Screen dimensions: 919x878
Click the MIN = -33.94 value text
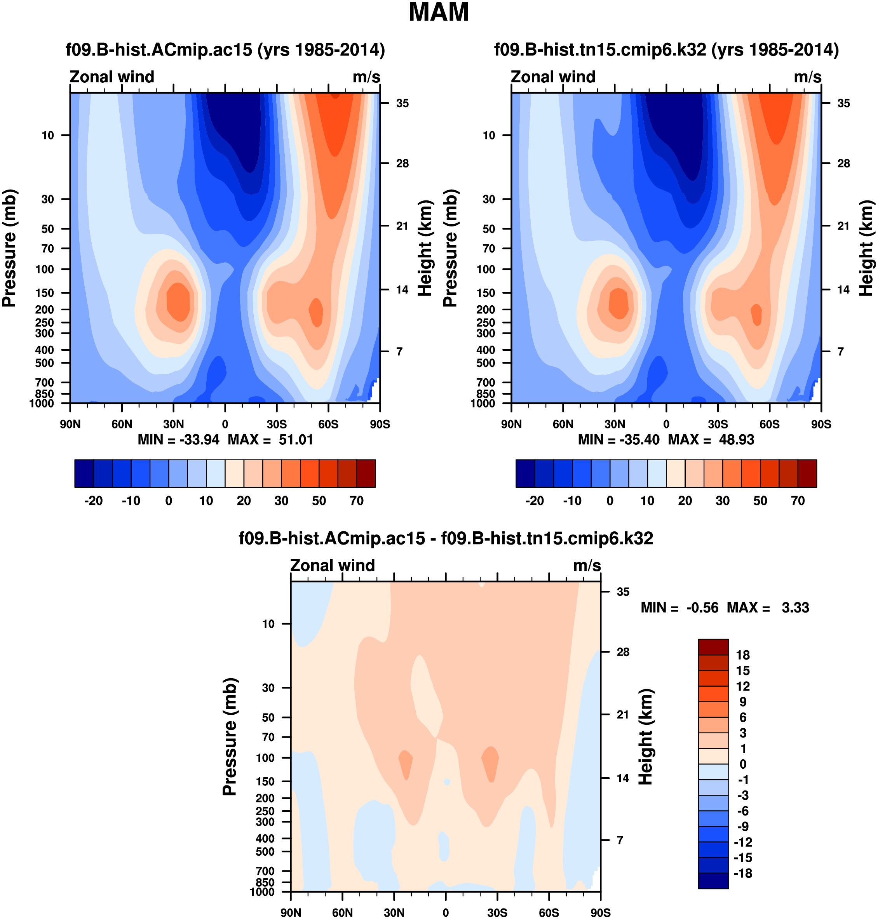click(178, 440)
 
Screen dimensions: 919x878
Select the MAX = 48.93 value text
click(711, 440)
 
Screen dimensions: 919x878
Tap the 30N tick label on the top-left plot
click(173, 425)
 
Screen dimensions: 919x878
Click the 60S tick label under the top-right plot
click(770, 425)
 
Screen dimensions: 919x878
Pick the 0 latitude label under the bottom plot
click(446, 913)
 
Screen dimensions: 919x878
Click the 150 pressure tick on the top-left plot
click(48, 293)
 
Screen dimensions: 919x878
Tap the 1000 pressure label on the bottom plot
click(262, 892)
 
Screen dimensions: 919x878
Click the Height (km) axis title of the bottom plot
click(645, 736)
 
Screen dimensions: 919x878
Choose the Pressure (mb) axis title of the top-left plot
click(9, 248)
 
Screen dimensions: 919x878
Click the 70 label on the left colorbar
click(357, 501)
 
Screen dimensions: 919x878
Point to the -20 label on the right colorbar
click(535, 501)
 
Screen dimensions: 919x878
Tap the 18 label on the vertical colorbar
click(743, 655)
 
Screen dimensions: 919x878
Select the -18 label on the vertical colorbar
click(743, 874)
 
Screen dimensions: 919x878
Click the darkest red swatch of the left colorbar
click(366, 473)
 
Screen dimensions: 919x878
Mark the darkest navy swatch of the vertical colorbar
click(713, 881)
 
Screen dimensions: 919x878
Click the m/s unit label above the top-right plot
click(807, 77)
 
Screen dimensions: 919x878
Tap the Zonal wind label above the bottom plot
click(332, 566)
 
